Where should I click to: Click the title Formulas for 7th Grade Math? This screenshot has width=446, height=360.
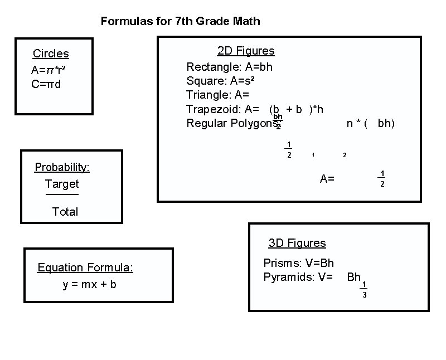tap(180, 22)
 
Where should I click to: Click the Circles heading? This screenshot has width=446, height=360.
tap(51, 53)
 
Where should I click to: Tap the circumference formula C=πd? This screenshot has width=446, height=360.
tap(46, 84)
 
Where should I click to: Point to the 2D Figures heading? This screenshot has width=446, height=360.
tap(246, 51)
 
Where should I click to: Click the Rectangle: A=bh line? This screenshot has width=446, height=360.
tap(229, 67)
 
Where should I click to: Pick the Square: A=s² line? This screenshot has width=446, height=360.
tap(221, 81)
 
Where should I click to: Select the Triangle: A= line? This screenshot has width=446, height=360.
tap(217, 95)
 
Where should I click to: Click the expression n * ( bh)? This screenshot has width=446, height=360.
tap(370, 123)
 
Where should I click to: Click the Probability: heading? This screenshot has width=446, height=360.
tap(62, 167)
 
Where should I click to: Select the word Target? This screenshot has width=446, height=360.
tap(62, 184)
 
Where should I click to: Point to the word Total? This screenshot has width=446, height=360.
tap(65, 212)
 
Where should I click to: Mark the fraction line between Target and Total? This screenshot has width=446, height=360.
tap(62, 194)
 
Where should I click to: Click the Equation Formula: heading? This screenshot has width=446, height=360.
tap(85, 267)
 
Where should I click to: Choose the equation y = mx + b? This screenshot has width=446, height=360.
tap(90, 285)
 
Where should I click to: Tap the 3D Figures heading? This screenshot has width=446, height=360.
tap(297, 243)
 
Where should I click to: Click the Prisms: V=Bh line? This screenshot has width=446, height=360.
tap(299, 263)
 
